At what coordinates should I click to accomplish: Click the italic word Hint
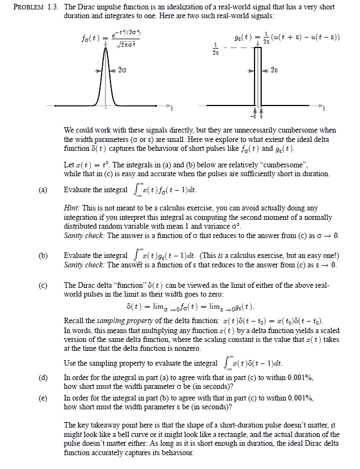pyautogui.click(x=73, y=208)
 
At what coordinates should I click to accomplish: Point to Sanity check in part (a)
pyautogui.click(x=86, y=235)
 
